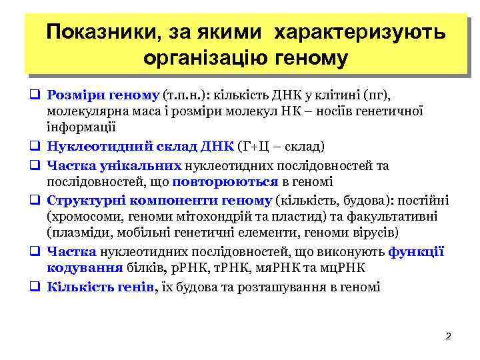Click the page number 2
tap(448, 335)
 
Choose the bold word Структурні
tap(85, 201)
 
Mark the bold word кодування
tap(83, 268)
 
